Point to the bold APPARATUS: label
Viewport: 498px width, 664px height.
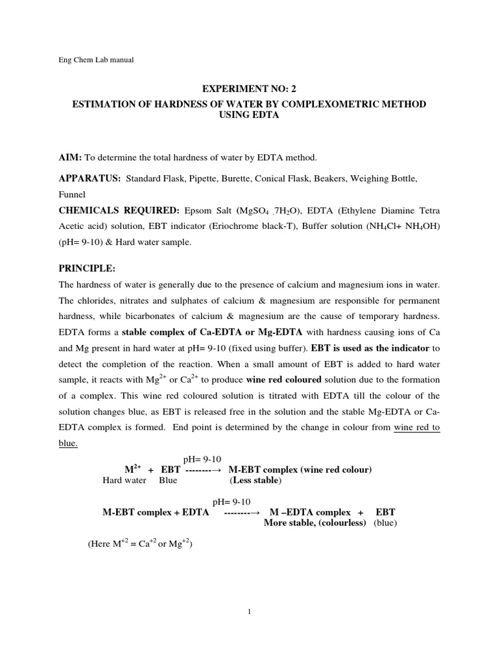tap(89, 178)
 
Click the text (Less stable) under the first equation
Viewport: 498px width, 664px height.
tap(255, 481)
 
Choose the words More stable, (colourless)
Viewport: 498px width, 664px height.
tap(315, 523)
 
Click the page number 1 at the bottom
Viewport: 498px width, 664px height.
tap(249, 611)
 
